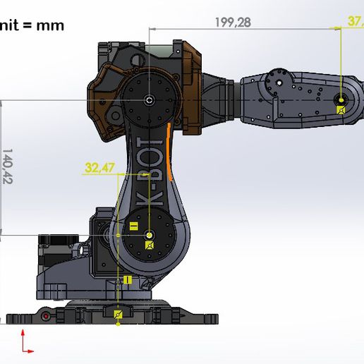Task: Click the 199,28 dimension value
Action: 233,22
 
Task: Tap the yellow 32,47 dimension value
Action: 99,169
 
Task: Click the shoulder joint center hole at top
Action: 149,101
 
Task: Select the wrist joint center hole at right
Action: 341,99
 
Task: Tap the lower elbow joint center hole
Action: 149,233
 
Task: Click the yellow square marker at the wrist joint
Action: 341,109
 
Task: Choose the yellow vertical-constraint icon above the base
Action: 128,280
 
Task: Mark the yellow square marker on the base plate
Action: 118,314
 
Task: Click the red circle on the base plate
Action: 46,317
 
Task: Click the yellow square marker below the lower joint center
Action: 149,245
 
